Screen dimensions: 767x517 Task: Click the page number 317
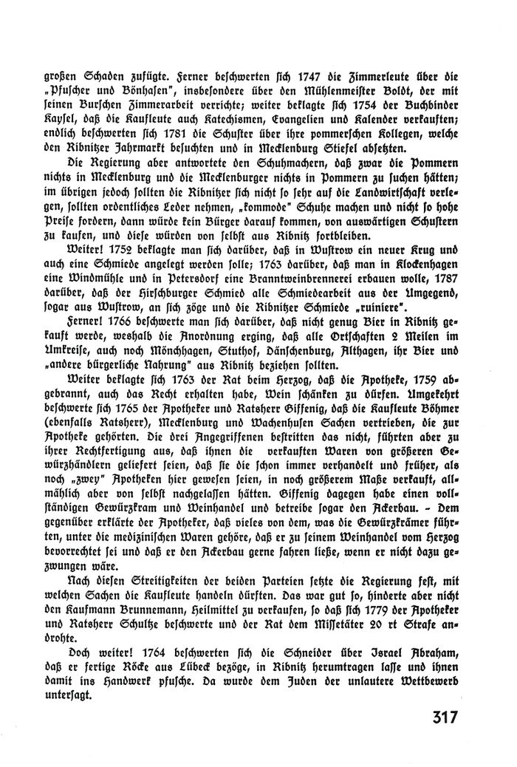[x=438, y=717]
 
